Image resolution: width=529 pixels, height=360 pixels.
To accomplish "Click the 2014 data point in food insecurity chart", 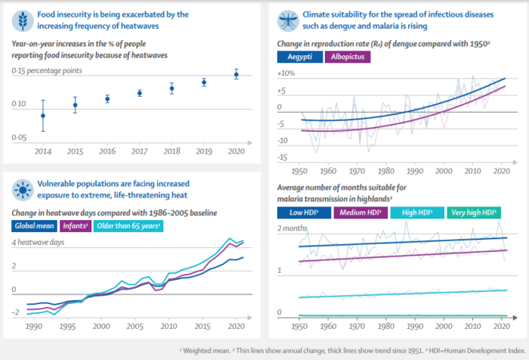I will click(43, 116).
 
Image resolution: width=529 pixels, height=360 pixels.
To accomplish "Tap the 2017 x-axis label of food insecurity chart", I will click(140, 151).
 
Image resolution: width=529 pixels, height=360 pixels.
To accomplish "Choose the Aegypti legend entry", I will click(299, 57).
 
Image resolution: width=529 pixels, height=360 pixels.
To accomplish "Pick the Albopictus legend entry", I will click(348, 57).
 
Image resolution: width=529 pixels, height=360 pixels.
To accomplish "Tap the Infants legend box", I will click(89, 225).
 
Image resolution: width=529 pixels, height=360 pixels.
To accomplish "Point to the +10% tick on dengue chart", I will click(286, 74).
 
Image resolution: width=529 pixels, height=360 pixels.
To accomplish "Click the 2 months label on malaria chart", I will click(293, 228).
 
